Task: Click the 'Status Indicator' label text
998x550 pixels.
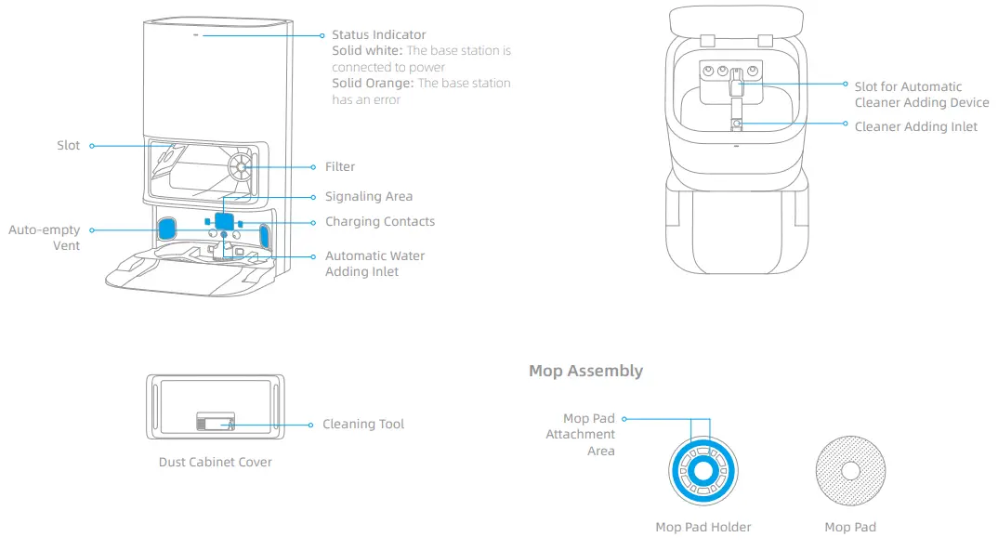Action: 379,35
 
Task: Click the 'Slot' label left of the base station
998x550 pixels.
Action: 68,146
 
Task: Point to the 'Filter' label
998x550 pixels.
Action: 340,167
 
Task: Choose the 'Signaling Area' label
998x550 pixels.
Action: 368,197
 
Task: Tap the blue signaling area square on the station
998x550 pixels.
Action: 224,221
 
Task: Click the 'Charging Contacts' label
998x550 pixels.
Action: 379,222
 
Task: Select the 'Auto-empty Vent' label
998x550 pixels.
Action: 45,238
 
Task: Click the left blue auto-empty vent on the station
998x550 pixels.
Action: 167,228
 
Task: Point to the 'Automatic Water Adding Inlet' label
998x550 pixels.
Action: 374,264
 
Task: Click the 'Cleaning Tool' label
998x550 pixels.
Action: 363,425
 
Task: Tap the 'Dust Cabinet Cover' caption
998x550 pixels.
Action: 215,463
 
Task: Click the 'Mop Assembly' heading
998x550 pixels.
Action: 585,371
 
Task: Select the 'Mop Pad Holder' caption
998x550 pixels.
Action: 703,528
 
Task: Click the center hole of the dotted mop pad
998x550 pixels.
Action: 850,471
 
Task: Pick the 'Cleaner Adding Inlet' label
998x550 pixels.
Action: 915,127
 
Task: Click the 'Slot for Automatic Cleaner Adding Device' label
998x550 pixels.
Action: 921,95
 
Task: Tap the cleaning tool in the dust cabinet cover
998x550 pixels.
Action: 215,424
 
